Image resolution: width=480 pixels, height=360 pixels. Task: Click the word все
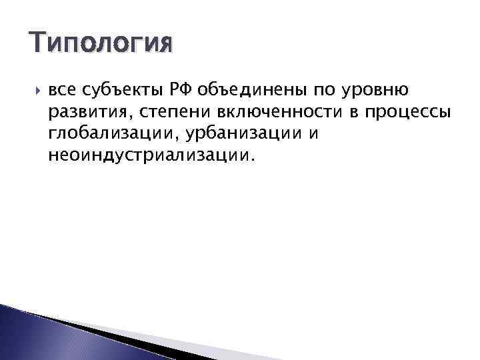(x=62, y=89)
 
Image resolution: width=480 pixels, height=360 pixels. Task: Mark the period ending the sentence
(x=253, y=159)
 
